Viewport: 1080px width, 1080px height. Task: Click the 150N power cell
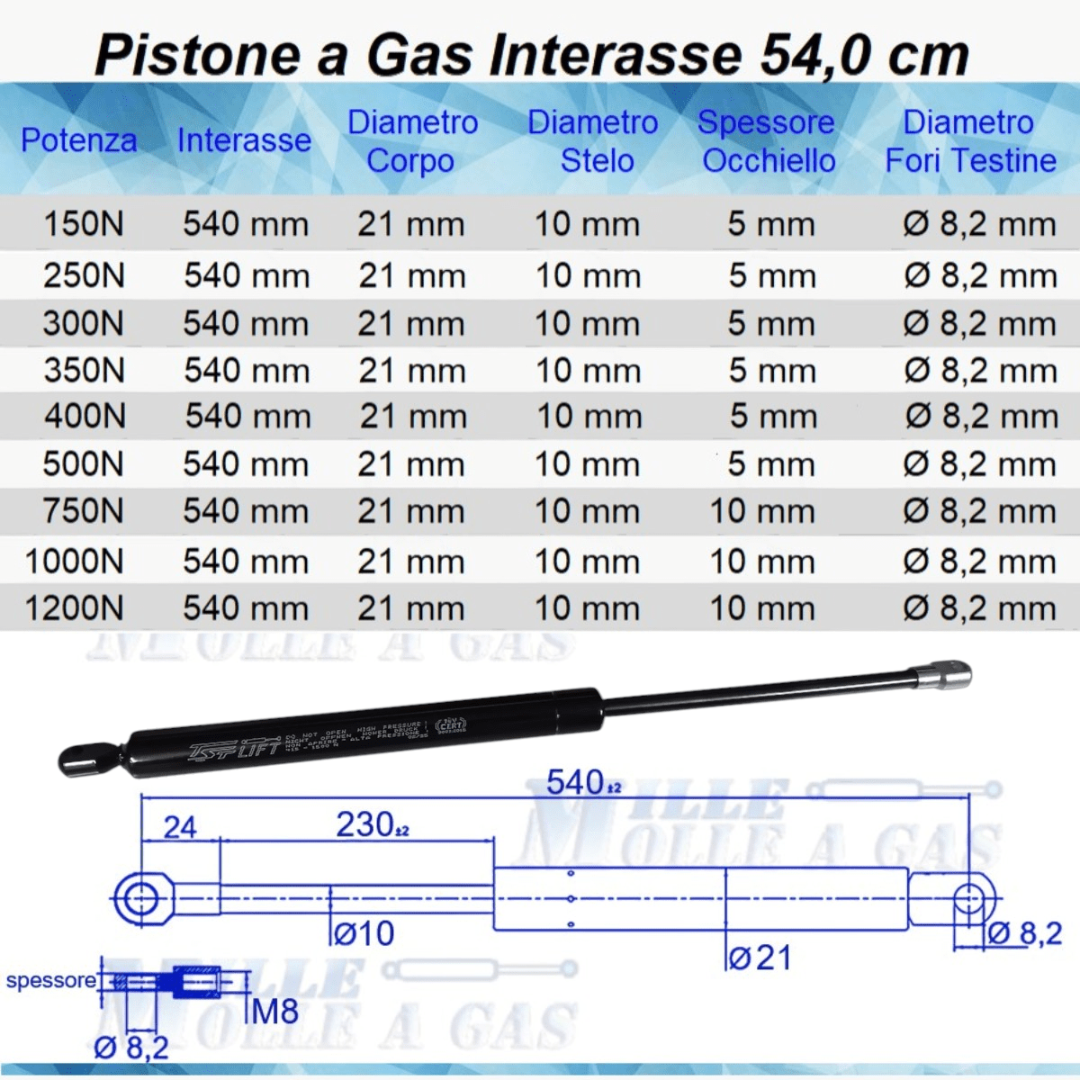(x=84, y=223)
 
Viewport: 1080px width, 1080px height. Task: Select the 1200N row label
(x=74, y=608)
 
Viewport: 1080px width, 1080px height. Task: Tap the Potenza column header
(x=79, y=140)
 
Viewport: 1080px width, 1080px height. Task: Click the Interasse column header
(x=244, y=140)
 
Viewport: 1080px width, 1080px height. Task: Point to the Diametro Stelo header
(x=593, y=141)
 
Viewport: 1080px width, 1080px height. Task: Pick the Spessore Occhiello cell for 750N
(x=762, y=511)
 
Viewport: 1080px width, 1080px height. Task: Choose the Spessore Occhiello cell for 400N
(x=773, y=417)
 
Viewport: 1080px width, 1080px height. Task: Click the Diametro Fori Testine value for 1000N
(x=979, y=562)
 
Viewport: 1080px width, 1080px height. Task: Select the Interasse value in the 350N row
(x=247, y=370)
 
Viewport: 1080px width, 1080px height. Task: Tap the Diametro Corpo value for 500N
(x=411, y=464)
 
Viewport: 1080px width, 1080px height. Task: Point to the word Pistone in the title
(x=198, y=54)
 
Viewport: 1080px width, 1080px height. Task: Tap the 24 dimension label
(x=180, y=826)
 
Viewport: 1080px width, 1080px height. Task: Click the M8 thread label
(x=274, y=1011)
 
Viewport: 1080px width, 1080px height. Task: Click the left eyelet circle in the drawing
(x=140, y=898)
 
